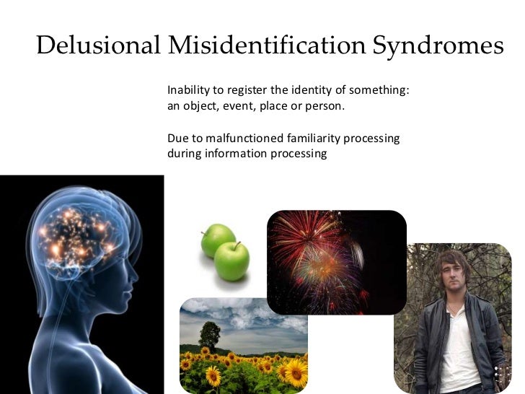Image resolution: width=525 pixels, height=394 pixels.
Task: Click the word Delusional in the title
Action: point(97,45)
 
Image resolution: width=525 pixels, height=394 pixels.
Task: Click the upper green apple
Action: point(218,240)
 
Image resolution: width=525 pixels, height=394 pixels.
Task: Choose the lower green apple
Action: point(232,261)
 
